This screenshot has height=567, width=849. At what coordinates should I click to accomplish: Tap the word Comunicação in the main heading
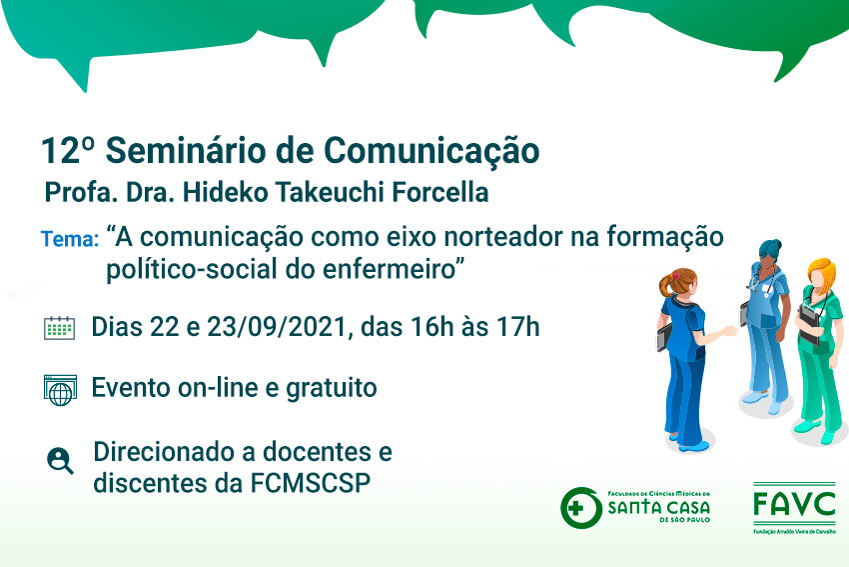tap(431, 152)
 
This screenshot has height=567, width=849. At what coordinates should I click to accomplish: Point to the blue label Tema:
tap(70, 239)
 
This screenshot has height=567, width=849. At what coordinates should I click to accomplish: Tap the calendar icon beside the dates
tap(59, 328)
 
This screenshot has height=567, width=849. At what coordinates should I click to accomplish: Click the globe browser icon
tap(60, 390)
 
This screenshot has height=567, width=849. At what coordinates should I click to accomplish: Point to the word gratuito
tap(332, 389)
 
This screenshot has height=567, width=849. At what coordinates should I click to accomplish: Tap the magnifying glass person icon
tap(60, 461)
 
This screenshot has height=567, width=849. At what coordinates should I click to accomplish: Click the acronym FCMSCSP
tap(311, 483)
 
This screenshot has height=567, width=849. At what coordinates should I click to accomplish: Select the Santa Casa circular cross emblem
tap(581, 508)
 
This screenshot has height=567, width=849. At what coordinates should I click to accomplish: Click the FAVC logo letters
tap(794, 505)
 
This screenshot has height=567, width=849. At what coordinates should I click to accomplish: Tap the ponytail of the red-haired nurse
tap(665, 285)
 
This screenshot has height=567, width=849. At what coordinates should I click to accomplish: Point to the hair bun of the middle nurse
tap(774, 244)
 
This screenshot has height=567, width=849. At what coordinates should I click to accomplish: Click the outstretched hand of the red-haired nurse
tap(730, 331)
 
